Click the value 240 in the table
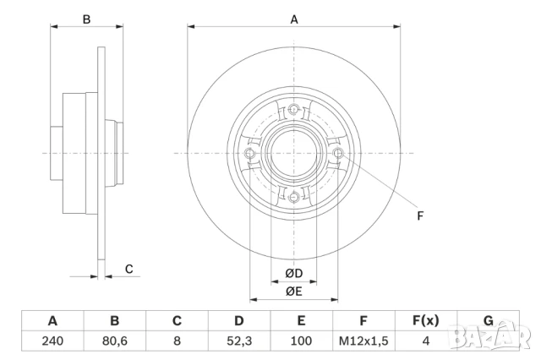52,341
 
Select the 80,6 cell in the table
115,341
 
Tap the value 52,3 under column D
239,341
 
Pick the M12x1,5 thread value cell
363,341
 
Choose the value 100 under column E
301,341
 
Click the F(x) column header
425,321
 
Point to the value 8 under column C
178,341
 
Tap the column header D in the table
239,321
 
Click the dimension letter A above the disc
294,19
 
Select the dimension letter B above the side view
85,19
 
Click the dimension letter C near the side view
128,269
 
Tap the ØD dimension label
294,273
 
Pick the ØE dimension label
294,292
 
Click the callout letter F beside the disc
420,215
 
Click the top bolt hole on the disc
294,108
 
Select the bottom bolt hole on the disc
294,198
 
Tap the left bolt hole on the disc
249,153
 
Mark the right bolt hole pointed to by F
339,153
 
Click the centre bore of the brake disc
294,153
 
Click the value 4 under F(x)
425,341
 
